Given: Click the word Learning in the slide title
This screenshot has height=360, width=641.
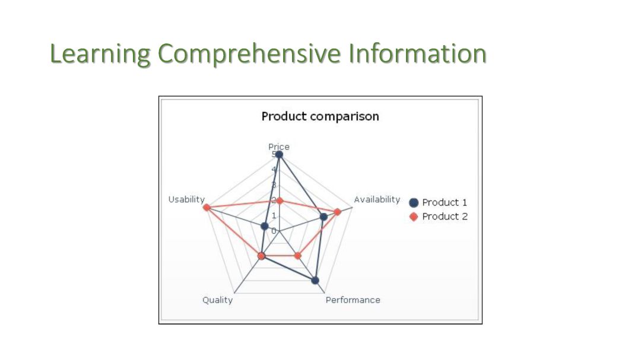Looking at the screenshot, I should tap(99, 54).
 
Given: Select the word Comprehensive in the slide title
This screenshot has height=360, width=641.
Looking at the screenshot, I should tap(249, 54).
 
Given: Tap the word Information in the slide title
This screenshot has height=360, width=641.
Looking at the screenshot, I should tap(417, 53).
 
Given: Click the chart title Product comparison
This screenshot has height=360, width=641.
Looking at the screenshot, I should tap(320, 116).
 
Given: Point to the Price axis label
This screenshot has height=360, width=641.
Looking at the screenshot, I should tap(279, 146).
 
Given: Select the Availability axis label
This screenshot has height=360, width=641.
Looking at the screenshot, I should tap(377, 199).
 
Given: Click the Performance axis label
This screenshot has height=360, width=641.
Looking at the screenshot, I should tap(353, 300).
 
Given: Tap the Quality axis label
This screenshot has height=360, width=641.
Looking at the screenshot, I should tap(217, 300).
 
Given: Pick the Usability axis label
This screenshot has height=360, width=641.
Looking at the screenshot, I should tap(186, 199).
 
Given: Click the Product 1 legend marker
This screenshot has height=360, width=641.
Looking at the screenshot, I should tap(414, 203).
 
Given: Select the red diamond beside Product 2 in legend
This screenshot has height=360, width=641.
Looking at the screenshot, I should tap(414, 216).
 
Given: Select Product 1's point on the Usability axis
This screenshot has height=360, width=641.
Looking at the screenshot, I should tap(265, 226).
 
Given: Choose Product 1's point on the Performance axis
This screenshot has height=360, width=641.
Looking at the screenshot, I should tap(315, 280).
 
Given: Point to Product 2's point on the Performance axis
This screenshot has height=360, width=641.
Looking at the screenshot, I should tap(298, 256).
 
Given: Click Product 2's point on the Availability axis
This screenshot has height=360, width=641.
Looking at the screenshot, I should tap(337, 212).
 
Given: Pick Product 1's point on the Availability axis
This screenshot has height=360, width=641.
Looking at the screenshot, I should tap(323, 217).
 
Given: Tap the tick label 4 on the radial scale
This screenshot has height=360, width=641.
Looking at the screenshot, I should tap(274, 170).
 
